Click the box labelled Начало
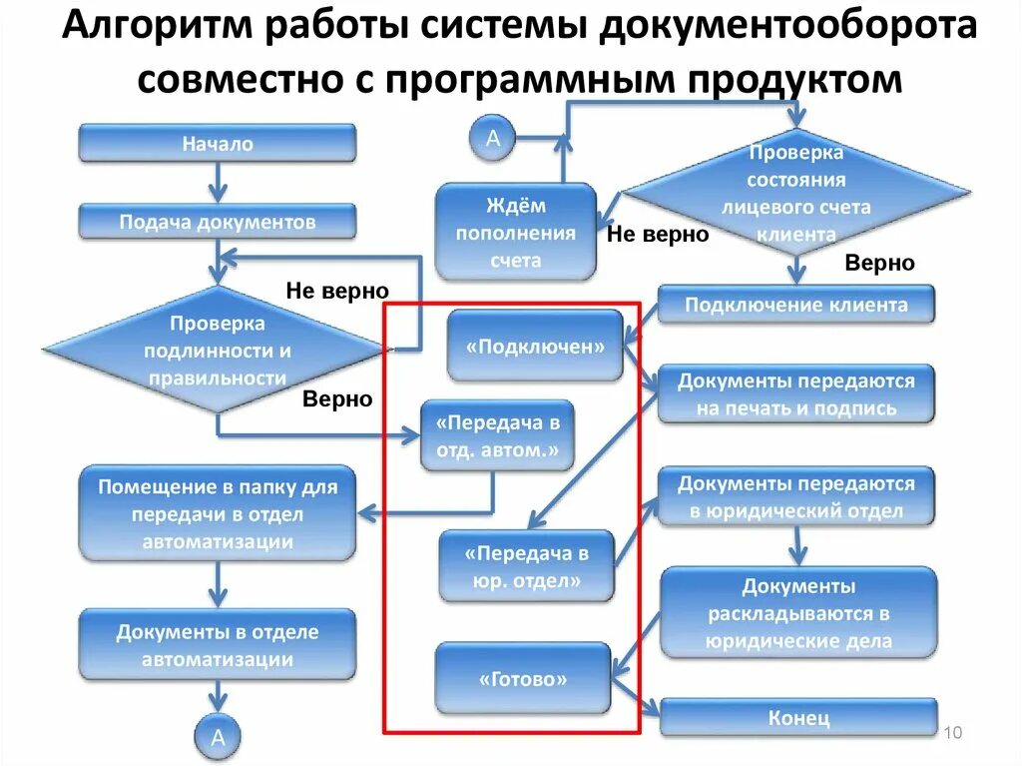point(217,143)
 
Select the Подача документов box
point(217,222)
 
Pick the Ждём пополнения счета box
point(515,233)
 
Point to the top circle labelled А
point(492,139)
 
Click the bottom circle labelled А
point(217,738)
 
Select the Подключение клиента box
point(795,305)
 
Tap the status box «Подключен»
point(535,347)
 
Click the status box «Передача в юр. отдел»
point(527,566)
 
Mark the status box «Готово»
point(523,679)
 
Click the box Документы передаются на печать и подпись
point(795,393)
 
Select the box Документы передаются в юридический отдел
point(795,496)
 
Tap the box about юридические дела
point(798,612)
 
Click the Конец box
point(798,717)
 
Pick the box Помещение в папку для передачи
point(217,513)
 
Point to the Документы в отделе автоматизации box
point(217,645)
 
